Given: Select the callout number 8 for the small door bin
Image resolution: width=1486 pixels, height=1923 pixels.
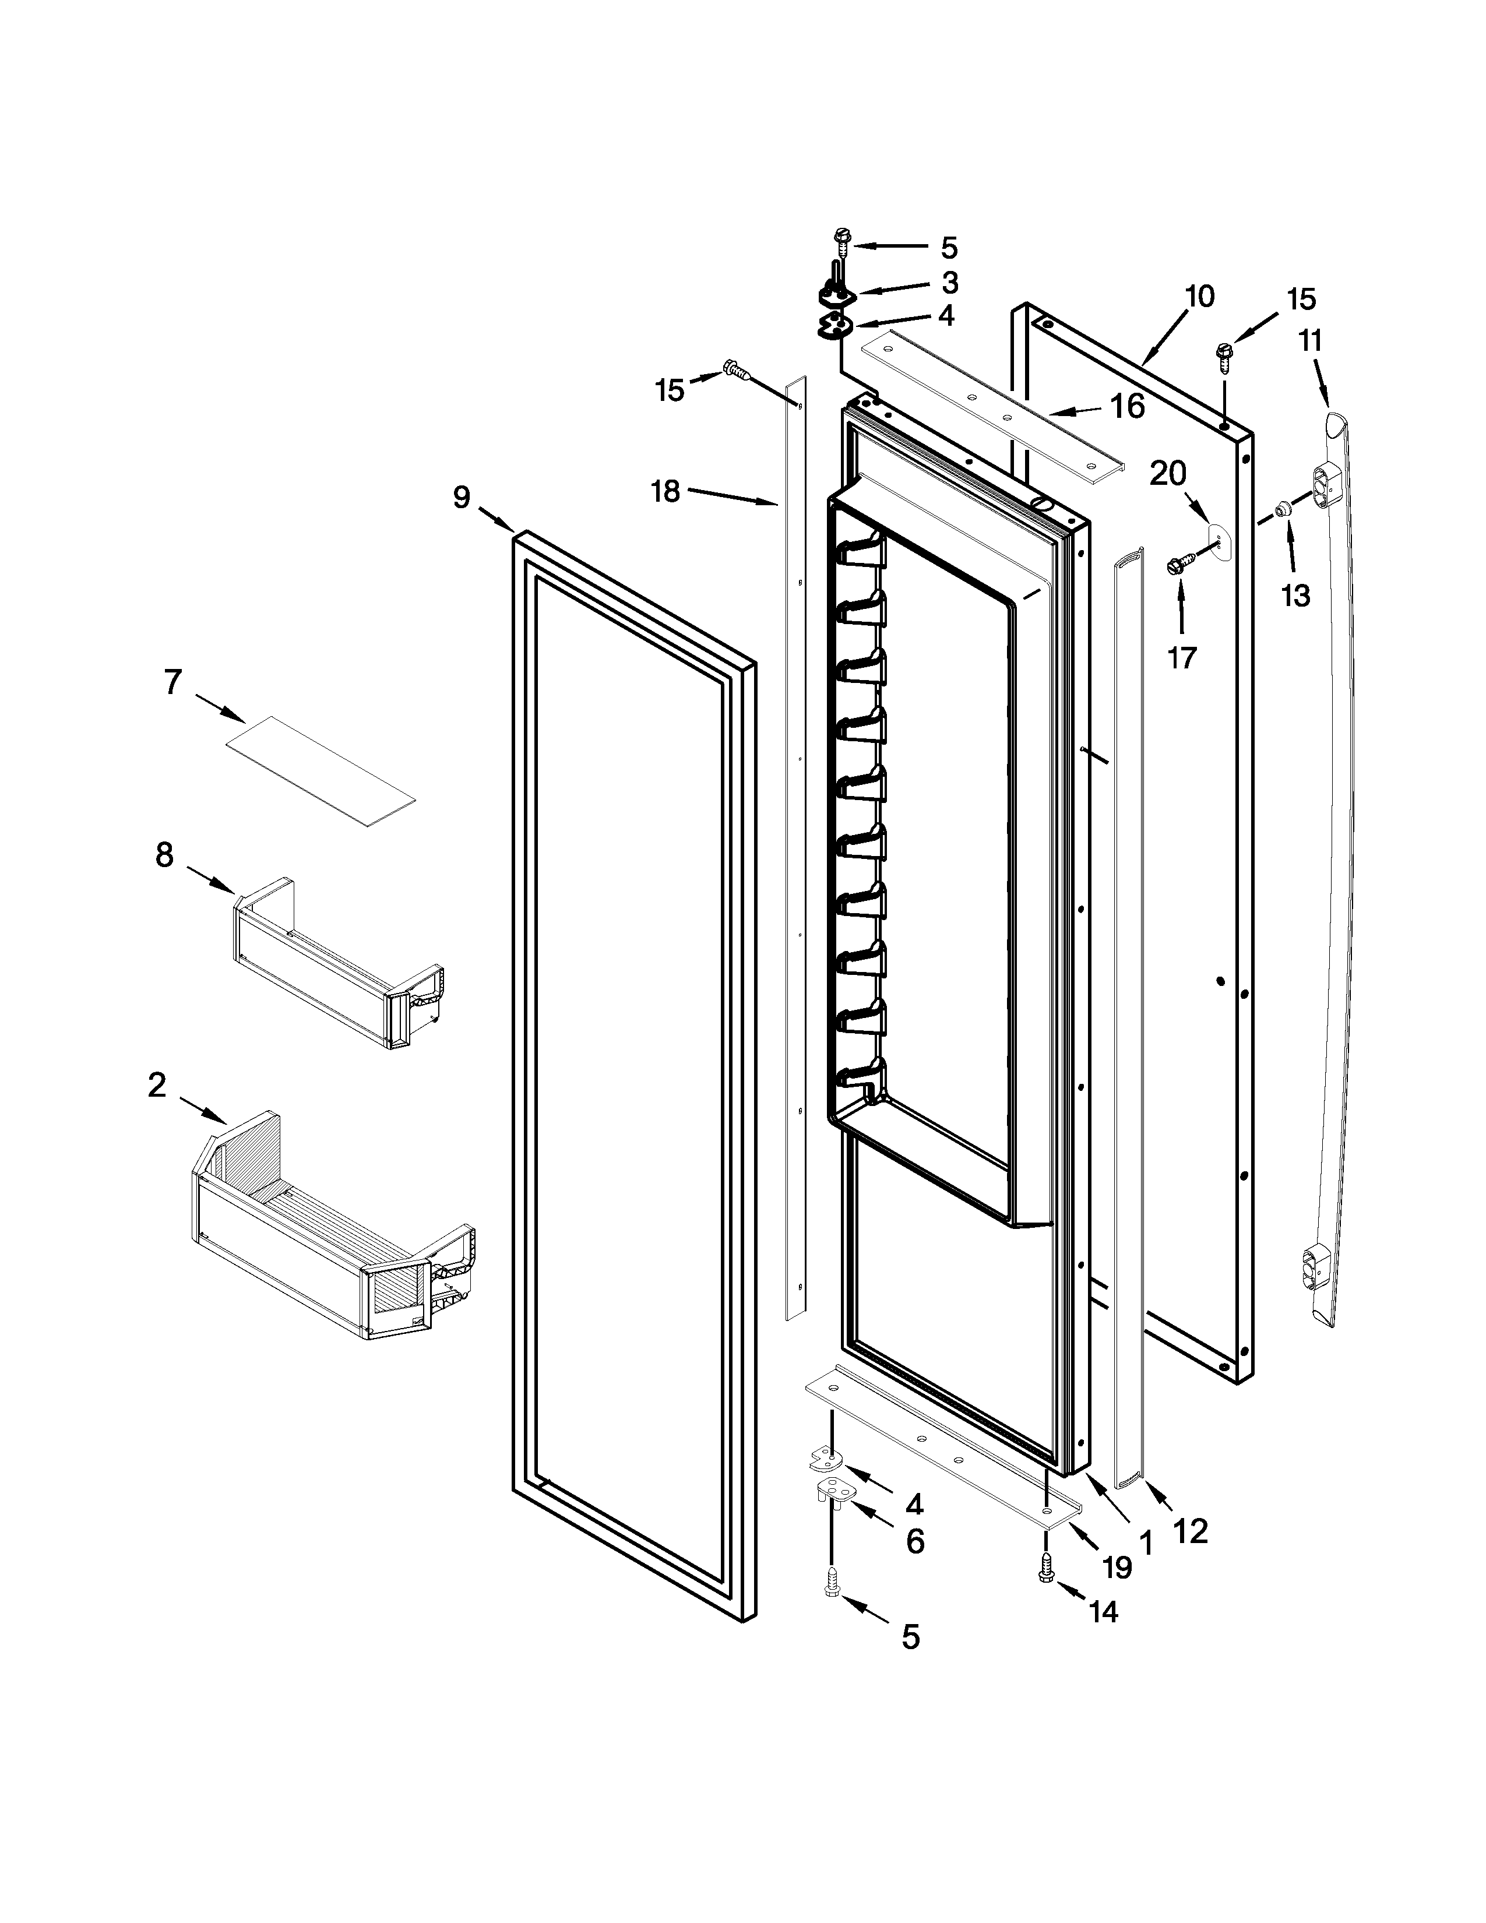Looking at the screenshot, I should pyautogui.click(x=164, y=854).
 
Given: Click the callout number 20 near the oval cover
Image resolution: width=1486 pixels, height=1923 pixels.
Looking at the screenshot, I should pyautogui.click(x=1168, y=474).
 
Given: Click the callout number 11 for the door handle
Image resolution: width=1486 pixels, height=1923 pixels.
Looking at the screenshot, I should pyautogui.click(x=1311, y=341).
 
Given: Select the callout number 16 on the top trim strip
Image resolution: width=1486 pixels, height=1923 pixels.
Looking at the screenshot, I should pyautogui.click(x=1127, y=407).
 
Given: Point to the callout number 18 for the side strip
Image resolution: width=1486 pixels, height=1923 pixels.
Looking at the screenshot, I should pyautogui.click(x=665, y=491).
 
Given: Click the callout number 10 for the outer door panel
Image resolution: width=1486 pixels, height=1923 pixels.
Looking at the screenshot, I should pyautogui.click(x=1199, y=297).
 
